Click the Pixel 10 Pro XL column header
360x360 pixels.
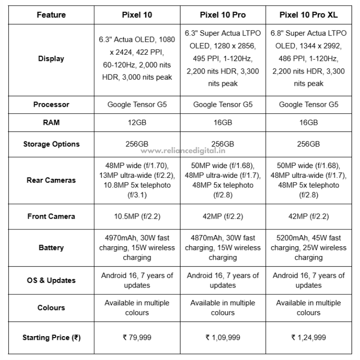pyautogui.click(x=308, y=15)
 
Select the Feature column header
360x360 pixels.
pyautogui.click(x=51, y=15)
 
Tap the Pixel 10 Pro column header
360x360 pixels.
pyautogui.click(x=223, y=15)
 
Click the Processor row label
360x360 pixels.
pyautogui.click(x=51, y=104)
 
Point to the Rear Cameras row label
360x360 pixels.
pyautogui.click(x=51, y=180)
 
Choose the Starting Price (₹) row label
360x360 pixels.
pyautogui.click(x=51, y=337)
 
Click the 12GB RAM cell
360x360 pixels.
pyautogui.click(x=137, y=122)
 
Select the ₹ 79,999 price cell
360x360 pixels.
pyautogui.click(x=137, y=337)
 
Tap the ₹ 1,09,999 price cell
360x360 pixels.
pyautogui.click(x=223, y=337)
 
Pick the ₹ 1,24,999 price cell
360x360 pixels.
pyautogui.click(x=308, y=337)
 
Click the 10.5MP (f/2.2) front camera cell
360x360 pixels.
pyautogui.click(x=137, y=216)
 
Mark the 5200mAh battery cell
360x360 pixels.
pyautogui.click(x=308, y=248)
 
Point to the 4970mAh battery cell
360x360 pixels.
pyautogui.click(x=137, y=248)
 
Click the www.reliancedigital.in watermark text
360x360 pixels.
pyautogui.click(x=181, y=150)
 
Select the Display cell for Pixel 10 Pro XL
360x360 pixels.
pyautogui.click(x=308, y=59)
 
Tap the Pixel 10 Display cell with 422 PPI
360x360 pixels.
pyautogui.click(x=137, y=59)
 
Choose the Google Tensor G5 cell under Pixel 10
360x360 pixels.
pyautogui.click(x=137, y=104)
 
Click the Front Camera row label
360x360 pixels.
pyautogui.click(x=51, y=216)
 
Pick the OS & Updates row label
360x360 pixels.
pyautogui.click(x=51, y=280)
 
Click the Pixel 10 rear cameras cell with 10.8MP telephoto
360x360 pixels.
pyautogui.click(x=137, y=180)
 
